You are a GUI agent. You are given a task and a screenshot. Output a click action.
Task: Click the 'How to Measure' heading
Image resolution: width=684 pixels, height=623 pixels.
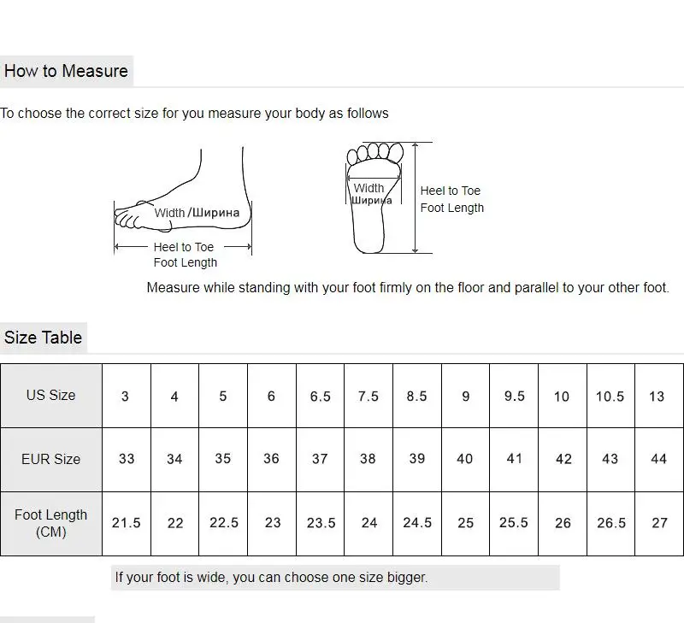pyautogui.click(x=66, y=71)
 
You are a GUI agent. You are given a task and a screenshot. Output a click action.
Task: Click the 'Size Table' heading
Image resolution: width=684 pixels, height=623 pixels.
pyautogui.click(x=43, y=338)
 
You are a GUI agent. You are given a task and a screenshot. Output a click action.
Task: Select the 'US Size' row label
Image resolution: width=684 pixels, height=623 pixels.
pyautogui.click(x=50, y=396)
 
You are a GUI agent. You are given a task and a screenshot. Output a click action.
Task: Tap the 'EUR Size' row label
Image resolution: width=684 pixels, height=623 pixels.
pyautogui.click(x=50, y=459)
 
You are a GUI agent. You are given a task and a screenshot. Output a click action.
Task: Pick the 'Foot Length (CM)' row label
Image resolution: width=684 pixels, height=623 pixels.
pyautogui.click(x=50, y=523)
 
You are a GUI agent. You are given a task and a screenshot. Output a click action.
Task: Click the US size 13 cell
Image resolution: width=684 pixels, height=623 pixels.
pyautogui.click(x=657, y=397)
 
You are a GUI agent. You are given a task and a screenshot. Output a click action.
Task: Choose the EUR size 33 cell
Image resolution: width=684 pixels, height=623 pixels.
pyautogui.click(x=127, y=459)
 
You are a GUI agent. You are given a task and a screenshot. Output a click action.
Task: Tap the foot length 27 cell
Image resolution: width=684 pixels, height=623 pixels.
pyautogui.click(x=659, y=523)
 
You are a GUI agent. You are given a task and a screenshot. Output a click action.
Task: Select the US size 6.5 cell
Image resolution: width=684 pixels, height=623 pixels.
pyautogui.click(x=320, y=397)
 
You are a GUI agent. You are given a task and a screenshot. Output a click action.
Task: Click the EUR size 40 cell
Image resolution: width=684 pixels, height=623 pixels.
pyautogui.click(x=465, y=459)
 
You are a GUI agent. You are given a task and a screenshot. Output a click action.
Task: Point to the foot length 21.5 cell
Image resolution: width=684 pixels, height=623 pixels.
pyautogui.click(x=127, y=523)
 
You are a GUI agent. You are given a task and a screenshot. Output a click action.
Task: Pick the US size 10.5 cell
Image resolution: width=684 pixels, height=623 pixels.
pyautogui.click(x=610, y=397)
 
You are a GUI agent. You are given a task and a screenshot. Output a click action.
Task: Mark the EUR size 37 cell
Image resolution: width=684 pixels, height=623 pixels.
pyautogui.click(x=320, y=459)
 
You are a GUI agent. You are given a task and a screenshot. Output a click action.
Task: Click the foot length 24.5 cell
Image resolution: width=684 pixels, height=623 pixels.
pyautogui.click(x=417, y=523)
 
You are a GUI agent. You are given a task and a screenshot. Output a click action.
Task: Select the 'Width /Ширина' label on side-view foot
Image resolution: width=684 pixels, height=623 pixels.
pyautogui.click(x=197, y=213)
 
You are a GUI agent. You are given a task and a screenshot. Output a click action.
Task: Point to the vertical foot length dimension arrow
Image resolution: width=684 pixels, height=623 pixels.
pyautogui.click(x=416, y=198)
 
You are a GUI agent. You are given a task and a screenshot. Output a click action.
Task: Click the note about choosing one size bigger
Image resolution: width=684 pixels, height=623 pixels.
pyautogui.click(x=271, y=578)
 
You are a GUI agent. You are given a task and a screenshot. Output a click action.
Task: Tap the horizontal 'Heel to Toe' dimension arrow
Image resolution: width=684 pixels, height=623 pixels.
pyautogui.click(x=183, y=247)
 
